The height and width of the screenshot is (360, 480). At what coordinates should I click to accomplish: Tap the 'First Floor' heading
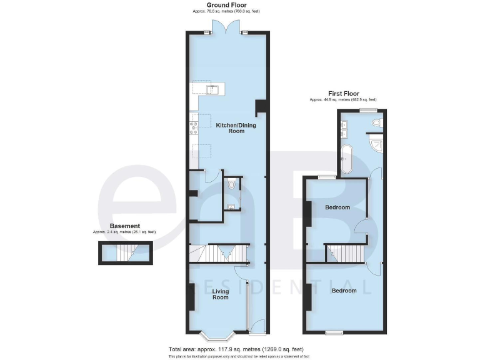tap(343, 94)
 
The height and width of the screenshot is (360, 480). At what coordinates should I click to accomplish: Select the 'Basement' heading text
tap(124, 226)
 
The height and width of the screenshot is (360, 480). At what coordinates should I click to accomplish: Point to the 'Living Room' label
tap(221, 294)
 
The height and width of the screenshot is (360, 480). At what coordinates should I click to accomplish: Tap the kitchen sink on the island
tap(213, 89)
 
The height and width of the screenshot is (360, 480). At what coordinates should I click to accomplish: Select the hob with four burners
tap(194, 128)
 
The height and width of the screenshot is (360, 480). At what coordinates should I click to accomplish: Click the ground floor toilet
tap(232, 184)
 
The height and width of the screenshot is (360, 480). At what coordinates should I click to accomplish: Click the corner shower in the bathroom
tap(376, 144)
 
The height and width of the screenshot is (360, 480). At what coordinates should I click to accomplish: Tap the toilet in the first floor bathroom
tap(376, 124)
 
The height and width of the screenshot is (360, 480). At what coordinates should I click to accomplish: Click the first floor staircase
tap(347, 253)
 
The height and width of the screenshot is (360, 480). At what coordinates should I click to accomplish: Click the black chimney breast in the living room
tap(191, 296)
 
